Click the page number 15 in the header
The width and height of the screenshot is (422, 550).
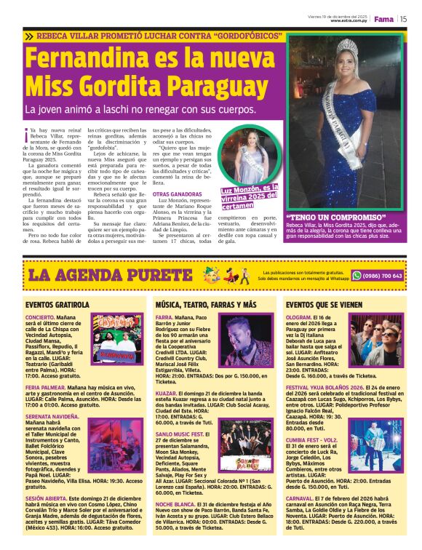click(x=403, y=19)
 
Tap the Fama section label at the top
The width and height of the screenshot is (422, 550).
click(x=383, y=19)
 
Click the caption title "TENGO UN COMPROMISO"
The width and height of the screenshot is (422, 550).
click(x=325, y=218)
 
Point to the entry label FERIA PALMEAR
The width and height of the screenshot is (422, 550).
click(x=46, y=388)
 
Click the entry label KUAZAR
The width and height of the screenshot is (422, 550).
click(x=166, y=394)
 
